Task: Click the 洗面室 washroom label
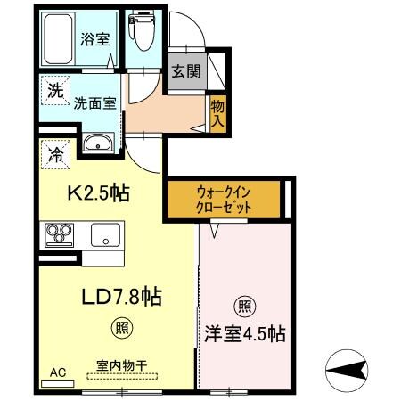click(94, 102)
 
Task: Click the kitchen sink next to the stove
click(105, 237)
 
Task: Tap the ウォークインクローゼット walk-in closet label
click(224, 199)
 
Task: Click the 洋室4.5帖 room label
click(244, 335)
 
